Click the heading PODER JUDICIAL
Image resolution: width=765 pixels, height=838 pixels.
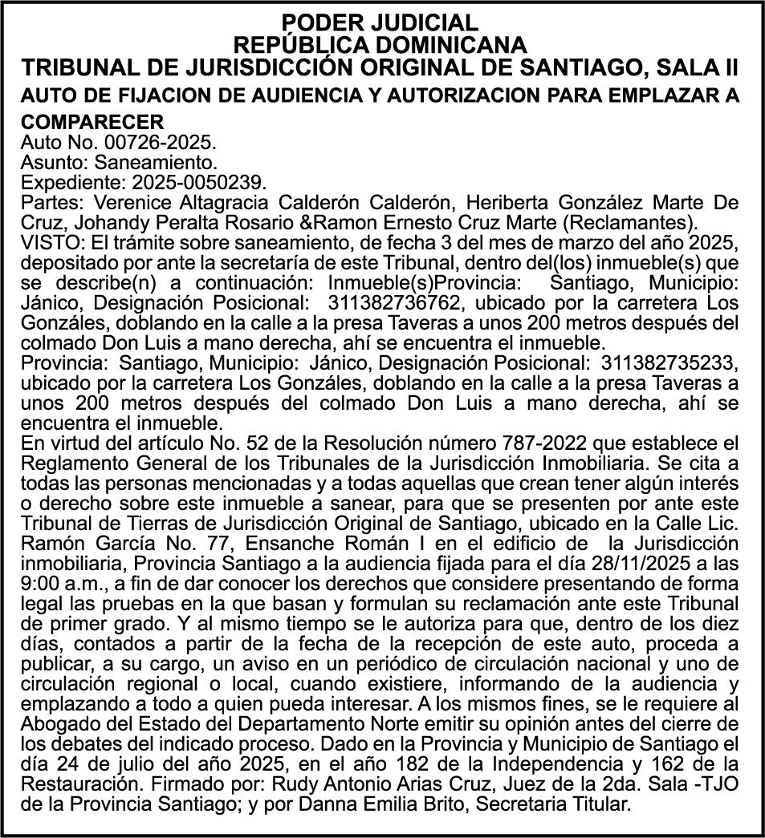click(381, 22)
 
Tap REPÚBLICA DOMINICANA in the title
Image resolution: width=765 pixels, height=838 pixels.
click(381, 43)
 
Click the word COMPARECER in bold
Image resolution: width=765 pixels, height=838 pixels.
click(92, 122)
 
